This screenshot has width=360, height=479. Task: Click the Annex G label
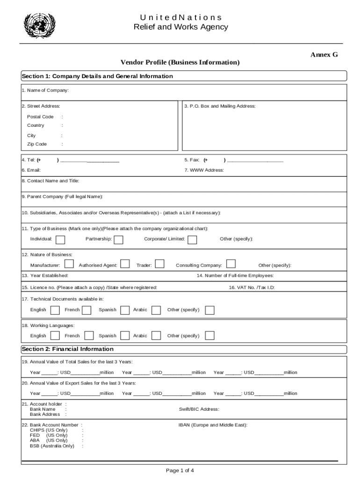[x=324, y=55]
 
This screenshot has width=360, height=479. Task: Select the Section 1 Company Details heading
[x=97, y=76]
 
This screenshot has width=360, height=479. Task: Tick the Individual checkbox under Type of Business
[x=60, y=239]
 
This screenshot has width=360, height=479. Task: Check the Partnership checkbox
[x=119, y=239]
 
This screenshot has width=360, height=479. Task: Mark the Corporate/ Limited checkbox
[x=192, y=239]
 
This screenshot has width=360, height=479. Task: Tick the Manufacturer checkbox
[x=69, y=264]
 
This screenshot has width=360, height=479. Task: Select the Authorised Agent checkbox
[x=125, y=264]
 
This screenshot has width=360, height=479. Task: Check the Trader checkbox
[x=159, y=264]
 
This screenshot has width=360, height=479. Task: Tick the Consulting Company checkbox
[x=230, y=264]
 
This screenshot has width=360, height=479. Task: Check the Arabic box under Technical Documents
[x=157, y=310]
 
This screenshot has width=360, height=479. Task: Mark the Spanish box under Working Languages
[x=125, y=336]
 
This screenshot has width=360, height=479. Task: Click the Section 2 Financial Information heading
[x=68, y=349]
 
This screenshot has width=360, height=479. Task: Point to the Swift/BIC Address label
[x=199, y=409]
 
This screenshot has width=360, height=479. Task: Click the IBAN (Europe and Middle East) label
[x=213, y=425]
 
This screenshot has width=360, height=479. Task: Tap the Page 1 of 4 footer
[x=180, y=471]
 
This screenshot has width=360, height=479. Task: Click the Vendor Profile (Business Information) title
[x=180, y=63]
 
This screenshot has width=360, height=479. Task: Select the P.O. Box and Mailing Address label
[x=220, y=106]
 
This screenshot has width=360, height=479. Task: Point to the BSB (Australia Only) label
[x=52, y=446]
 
